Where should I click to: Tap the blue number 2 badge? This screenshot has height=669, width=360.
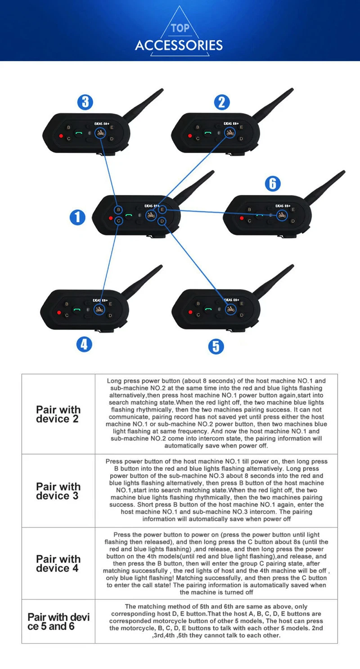click(221, 102)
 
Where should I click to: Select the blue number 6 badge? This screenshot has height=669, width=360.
click(273, 183)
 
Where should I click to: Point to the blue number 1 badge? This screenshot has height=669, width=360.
click(77, 217)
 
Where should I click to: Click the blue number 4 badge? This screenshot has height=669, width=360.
click(84, 344)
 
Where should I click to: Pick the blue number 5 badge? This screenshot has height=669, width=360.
click(216, 346)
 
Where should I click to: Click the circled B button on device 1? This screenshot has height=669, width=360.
click(118, 210)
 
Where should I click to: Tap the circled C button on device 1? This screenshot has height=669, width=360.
click(118, 221)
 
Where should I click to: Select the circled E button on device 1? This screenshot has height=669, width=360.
click(162, 209)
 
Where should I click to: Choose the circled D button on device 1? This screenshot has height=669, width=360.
click(162, 221)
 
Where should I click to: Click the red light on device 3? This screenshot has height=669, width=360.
click(59, 136)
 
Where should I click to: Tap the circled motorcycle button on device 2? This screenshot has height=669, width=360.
click(230, 132)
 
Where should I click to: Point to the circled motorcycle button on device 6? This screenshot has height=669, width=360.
click(282, 215)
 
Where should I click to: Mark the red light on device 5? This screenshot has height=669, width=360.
click(190, 312)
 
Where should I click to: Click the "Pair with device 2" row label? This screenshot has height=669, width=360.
click(58, 414)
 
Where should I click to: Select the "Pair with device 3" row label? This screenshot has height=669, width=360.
click(58, 491)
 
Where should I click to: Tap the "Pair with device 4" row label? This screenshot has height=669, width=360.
click(58, 564)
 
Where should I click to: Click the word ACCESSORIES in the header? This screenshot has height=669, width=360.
click(179, 45)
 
